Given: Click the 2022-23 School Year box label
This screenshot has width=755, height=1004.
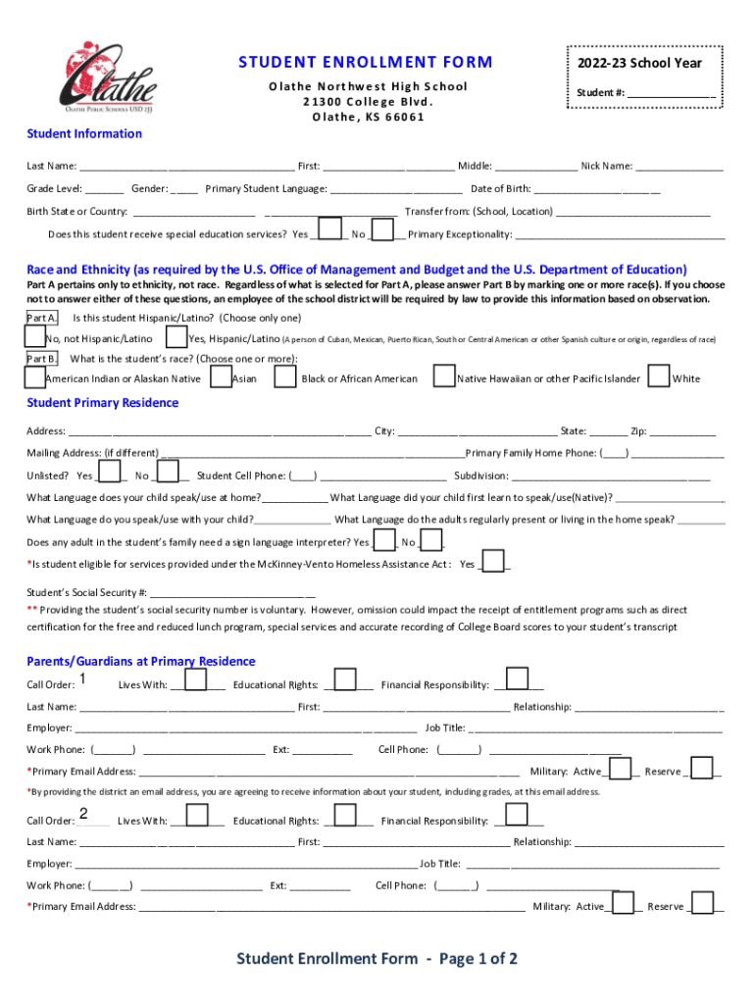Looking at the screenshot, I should (647, 63).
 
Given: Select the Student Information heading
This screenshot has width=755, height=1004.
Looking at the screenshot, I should (84, 133).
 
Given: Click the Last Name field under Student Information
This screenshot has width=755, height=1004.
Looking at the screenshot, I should (186, 167).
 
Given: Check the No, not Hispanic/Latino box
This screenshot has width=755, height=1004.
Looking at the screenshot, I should (34, 337).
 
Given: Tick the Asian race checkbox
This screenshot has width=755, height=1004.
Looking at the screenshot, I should (220, 376).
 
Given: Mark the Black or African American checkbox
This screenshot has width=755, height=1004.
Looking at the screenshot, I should (285, 376).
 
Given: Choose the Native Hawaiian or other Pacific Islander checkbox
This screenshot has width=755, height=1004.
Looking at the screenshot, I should (444, 376).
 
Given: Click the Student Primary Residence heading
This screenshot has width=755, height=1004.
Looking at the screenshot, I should (103, 403).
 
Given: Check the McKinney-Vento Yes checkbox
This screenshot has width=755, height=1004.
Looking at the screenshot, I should (493, 562).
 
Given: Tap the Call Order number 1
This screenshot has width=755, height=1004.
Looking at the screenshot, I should (82, 680).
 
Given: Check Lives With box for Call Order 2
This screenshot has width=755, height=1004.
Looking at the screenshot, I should (196, 815).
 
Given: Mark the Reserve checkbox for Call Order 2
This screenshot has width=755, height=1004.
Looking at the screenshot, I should (703, 902).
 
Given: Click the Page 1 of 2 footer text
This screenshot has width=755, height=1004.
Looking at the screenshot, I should (377, 959).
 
